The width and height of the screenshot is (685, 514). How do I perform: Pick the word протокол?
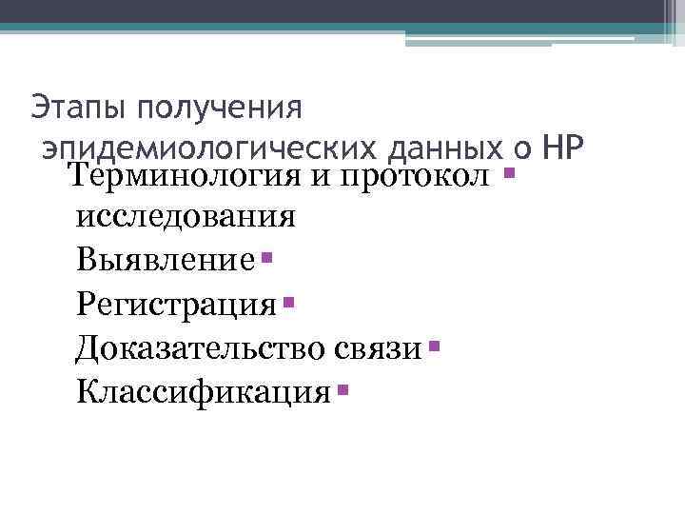tap(414, 175)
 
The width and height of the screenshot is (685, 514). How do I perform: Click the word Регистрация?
tap(178, 304)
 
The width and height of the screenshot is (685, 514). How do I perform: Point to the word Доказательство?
tap(203, 346)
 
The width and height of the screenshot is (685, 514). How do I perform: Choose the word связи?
tap(378, 347)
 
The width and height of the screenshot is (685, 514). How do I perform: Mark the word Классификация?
tap(204, 390)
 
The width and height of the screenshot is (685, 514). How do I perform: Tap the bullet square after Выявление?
tap(266, 256)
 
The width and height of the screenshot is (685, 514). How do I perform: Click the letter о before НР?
tap(522, 149)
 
